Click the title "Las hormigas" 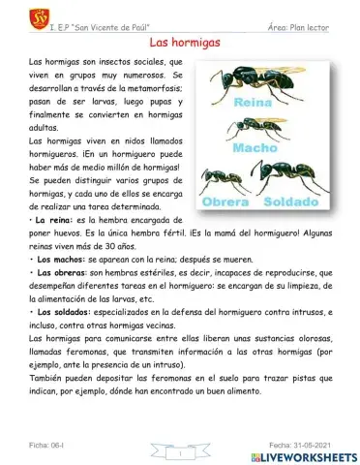(x=180, y=44)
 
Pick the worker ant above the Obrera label (x=222, y=178)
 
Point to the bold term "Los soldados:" (x=62, y=313)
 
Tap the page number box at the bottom (x=180, y=451)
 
